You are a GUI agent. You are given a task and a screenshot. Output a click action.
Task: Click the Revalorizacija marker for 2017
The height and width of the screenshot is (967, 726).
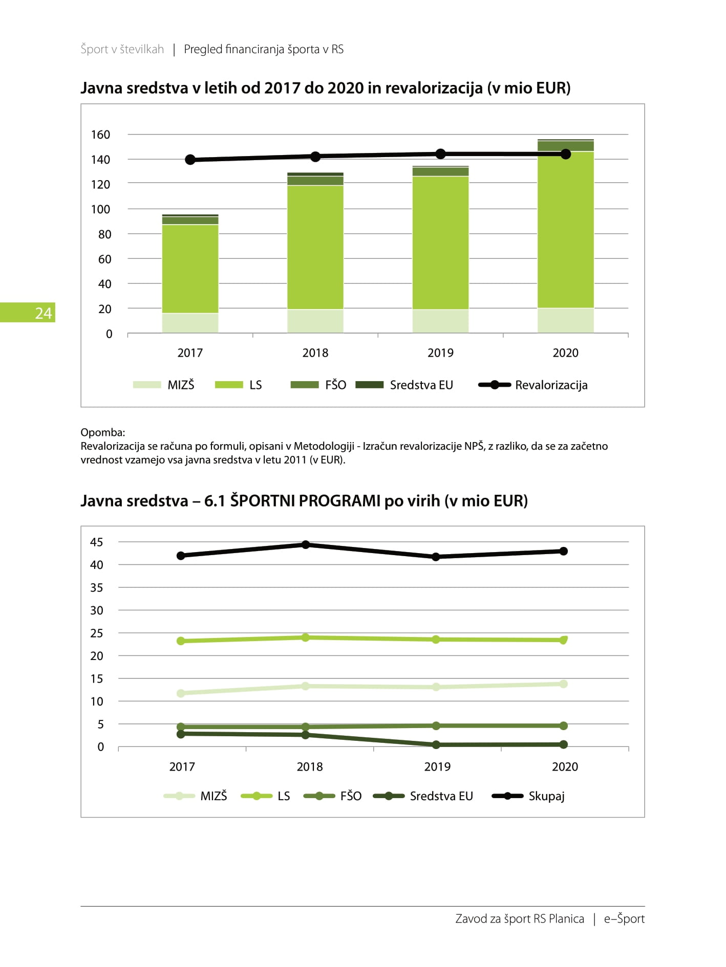(x=190, y=160)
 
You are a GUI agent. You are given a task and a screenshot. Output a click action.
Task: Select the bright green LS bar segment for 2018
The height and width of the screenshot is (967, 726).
(x=315, y=247)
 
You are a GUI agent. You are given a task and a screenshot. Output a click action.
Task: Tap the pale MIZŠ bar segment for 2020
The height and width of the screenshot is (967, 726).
(x=566, y=320)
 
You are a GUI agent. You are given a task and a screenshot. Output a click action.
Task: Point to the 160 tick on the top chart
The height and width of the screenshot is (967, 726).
(x=100, y=135)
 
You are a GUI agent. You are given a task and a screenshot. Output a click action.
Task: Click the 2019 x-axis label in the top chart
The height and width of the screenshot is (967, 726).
(x=440, y=353)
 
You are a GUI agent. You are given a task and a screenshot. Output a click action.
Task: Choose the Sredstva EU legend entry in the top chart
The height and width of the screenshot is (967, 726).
(x=404, y=385)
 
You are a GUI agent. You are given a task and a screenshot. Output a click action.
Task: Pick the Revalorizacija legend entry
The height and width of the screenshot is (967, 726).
(x=533, y=385)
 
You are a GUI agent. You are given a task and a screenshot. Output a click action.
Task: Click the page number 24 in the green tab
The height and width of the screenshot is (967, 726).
(x=44, y=313)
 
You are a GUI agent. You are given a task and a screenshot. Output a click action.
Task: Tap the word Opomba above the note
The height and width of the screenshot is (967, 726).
(x=103, y=432)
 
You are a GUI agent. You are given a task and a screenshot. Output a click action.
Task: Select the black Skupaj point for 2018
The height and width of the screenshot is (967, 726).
(x=306, y=544)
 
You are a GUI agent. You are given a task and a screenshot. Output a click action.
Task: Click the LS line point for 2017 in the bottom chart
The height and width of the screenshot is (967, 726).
(x=181, y=641)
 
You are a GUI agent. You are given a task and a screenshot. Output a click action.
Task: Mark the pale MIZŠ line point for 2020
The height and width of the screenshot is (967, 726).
(x=564, y=684)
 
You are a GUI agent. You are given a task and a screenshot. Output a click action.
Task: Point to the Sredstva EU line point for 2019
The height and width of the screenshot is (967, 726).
(x=436, y=745)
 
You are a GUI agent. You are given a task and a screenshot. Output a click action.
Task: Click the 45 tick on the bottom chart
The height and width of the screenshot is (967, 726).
(x=97, y=542)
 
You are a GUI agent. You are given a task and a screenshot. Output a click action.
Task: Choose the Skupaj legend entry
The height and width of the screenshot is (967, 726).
(x=528, y=796)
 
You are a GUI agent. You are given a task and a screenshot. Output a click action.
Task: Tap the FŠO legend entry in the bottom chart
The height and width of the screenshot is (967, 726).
(x=332, y=796)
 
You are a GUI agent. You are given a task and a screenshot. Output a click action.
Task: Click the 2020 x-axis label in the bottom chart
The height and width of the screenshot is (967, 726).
(x=565, y=766)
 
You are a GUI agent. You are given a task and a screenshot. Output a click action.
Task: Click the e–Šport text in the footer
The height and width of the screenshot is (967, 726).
(x=624, y=919)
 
